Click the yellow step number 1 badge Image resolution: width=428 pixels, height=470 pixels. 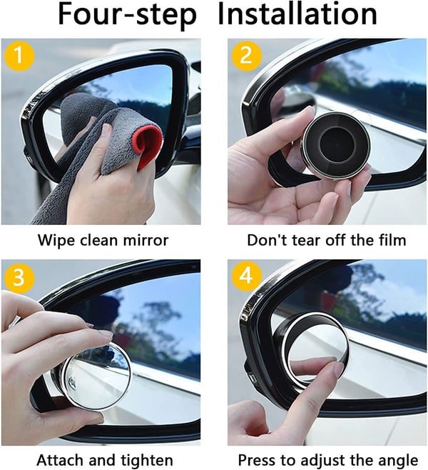click(18, 55)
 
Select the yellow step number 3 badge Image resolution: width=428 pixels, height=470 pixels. click(18, 276)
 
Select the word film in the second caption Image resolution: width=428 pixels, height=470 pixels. click(388, 240)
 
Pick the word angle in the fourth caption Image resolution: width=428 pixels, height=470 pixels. click(397, 459)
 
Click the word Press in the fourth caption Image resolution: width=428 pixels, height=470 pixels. click(257, 459)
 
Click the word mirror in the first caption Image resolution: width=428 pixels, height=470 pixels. click(145, 240)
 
